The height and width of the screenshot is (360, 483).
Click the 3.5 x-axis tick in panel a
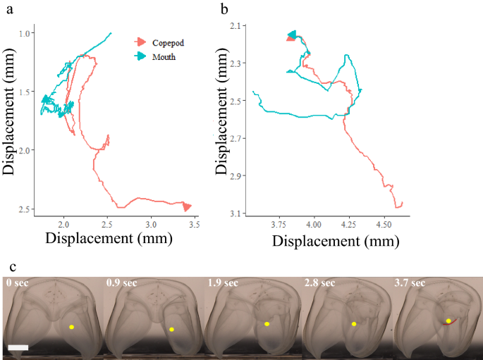(194, 225)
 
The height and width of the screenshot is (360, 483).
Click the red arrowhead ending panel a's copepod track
(187, 206)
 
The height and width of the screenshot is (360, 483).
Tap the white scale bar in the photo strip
(19, 347)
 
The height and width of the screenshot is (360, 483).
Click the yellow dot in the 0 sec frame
(71, 327)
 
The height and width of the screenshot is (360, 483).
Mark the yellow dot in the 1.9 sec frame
(267, 324)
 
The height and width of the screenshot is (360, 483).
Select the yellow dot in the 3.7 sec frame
(448, 321)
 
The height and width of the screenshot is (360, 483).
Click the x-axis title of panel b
(336, 241)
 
